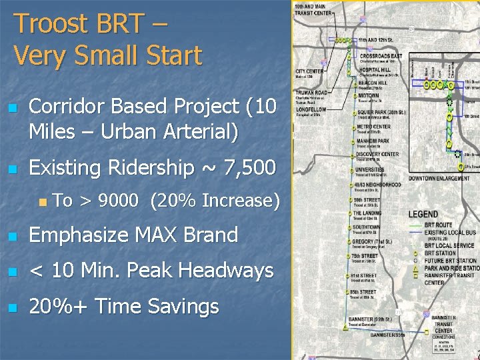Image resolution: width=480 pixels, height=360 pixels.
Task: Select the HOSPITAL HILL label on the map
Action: pos(375,69)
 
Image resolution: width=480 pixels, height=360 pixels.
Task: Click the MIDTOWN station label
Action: pos(368,96)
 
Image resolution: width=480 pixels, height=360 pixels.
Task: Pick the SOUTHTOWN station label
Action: pos(367,227)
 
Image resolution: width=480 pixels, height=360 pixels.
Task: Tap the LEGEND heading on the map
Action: pos(423,214)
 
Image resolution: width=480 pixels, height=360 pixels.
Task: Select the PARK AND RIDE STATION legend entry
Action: pos(451,267)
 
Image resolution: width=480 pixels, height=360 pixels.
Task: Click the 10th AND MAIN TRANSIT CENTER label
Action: pos(315,10)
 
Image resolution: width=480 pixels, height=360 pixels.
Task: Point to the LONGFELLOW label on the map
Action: pos(311,109)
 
